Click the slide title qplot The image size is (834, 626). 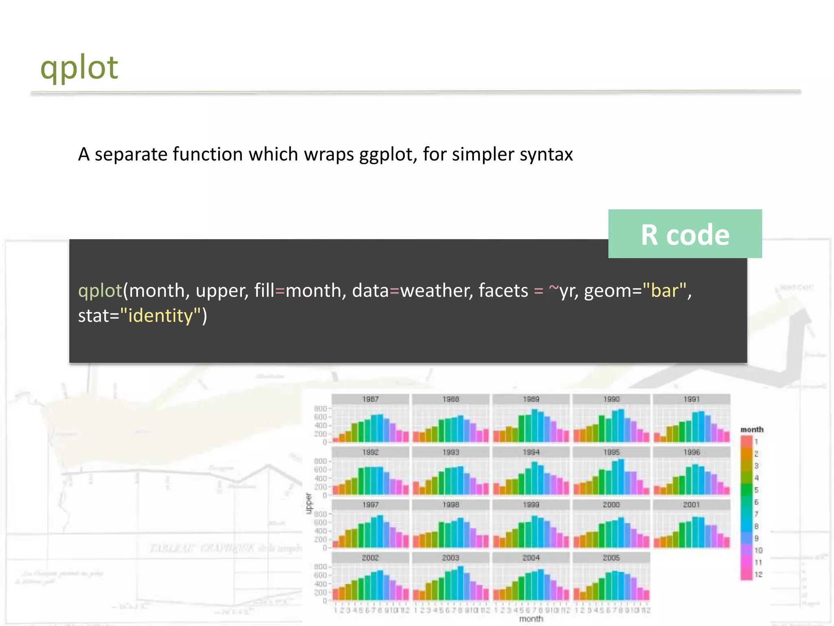(79, 68)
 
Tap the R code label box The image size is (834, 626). (685, 234)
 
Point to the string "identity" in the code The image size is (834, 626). (160, 316)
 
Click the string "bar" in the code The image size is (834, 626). (664, 291)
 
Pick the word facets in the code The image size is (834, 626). (503, 291)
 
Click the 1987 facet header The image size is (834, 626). (370, 399)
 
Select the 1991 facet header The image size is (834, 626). (691, 399)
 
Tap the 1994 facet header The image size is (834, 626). (531, 452)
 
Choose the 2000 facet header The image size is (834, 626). (611, 505)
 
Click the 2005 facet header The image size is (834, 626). (611, 558)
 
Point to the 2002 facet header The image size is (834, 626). (370, 558)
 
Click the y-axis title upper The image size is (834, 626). (309, 503)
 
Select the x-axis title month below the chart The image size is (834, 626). (531, 619)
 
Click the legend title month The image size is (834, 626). (752, 430)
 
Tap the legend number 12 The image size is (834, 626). (758, 575)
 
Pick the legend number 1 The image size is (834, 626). (756, 442)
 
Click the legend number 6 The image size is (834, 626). (756, 502)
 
